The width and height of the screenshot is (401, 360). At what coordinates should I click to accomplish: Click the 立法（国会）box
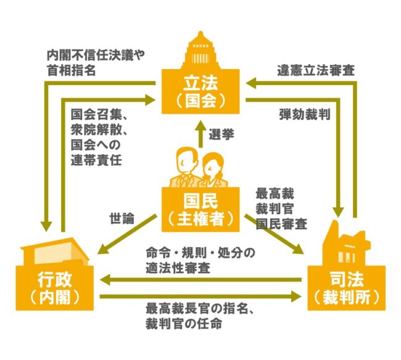[200, 91]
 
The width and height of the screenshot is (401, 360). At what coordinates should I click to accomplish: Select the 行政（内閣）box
[55, 288]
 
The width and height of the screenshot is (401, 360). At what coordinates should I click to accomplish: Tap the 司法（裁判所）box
[346, 288]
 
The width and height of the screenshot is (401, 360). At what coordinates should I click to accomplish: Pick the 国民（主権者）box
[200, 210]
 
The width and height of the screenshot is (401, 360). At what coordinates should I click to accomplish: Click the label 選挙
[221, 134]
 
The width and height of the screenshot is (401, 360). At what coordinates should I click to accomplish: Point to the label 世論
[122, 218]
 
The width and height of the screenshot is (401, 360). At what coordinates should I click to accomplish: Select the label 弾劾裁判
[305, 114]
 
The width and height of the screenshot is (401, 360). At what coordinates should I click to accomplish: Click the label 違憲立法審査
[316, 70]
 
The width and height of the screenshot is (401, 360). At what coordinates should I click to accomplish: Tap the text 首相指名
[72, 70]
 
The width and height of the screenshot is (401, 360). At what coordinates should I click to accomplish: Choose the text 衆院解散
[96, 130]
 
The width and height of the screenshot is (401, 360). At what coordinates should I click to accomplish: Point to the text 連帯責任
[96, 160]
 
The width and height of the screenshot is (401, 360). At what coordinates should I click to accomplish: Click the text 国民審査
[281, 224]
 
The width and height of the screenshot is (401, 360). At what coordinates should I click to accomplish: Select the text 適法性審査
[178, 268]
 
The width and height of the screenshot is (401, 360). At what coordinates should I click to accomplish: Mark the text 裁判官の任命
[184, 324]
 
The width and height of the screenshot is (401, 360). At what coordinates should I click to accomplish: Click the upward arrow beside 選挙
[200, 134]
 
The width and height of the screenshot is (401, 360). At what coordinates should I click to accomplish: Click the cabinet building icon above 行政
[55, 252]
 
